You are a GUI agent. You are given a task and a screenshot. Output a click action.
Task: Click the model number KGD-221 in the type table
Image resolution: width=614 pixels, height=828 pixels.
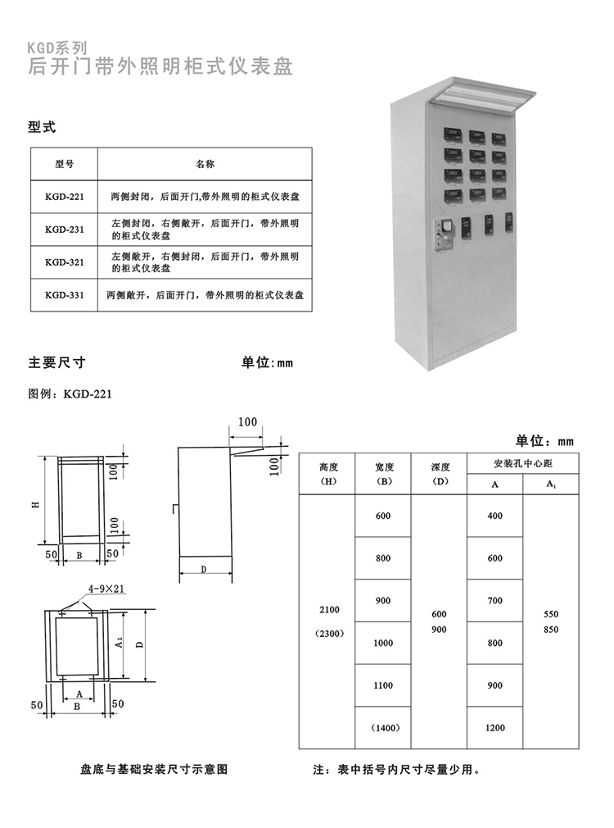click(64, 198)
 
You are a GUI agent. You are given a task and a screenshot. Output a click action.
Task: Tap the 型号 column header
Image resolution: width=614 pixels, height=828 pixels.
click(64, 164)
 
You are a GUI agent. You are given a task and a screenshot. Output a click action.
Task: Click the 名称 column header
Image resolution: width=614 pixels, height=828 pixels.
click(205, 164)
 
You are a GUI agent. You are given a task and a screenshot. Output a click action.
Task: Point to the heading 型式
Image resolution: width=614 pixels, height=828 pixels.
click(42, 127)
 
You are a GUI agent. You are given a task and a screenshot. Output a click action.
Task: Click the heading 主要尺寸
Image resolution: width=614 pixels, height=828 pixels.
click(57, 362)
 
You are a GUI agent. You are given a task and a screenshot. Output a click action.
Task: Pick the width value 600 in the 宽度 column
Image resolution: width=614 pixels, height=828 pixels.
click(384, 516)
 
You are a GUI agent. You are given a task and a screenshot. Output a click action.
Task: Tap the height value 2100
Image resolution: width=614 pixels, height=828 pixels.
click(329, 610)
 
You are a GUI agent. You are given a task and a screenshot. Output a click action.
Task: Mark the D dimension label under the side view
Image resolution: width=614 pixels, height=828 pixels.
click(203, 567)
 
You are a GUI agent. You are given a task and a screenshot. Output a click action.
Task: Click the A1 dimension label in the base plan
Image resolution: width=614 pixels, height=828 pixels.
click(120, 644)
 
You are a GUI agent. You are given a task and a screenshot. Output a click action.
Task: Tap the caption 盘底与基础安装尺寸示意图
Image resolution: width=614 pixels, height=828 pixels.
click(153, 771)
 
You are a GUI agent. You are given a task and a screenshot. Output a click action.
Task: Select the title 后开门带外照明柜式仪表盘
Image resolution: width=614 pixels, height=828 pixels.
click(160, 66)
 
